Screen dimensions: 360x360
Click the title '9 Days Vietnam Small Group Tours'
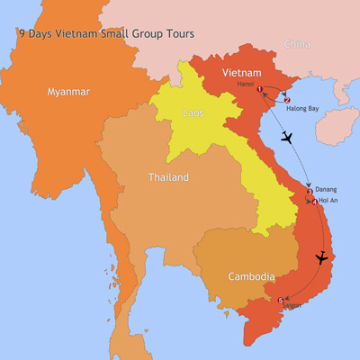(106, 34)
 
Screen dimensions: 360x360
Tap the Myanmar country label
(67, 91)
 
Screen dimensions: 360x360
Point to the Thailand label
(168, 177)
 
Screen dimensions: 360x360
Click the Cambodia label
(251, 276)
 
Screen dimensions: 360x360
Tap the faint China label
(296, 43)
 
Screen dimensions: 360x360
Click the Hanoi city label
(246, 84)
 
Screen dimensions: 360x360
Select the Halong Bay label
(302, 109)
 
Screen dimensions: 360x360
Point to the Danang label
(328, 190)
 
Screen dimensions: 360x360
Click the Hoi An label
(328, 200)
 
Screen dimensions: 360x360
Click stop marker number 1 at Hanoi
(260, 89)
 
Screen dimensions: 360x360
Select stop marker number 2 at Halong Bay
(286, 100)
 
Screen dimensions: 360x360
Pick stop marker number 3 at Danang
(310, 191)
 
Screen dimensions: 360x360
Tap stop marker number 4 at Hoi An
(314, 202)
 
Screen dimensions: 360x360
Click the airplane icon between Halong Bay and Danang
(287, 138)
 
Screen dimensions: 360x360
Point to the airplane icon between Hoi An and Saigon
(321, 258)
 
